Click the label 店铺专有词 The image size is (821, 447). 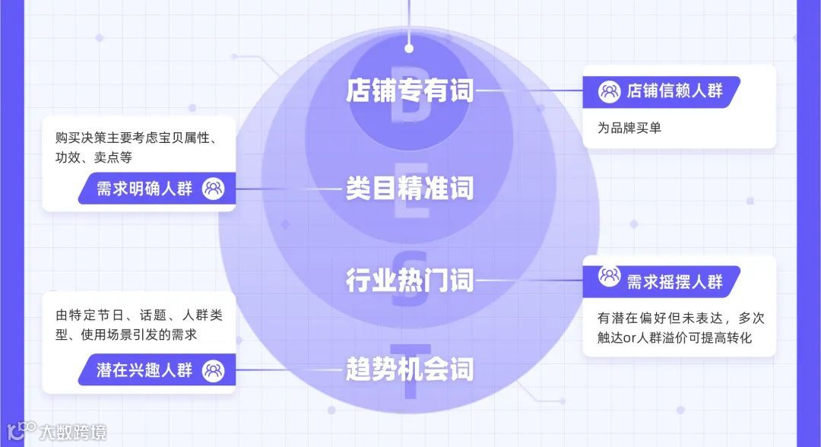click(409, 91)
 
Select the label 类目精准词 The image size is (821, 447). click(409, 188)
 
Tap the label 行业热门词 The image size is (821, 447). click(409, 281)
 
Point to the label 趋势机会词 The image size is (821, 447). click(409, 370)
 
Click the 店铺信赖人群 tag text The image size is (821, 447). click(674, 91)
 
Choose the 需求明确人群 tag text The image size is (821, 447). click(144, 189)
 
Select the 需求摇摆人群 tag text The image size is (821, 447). click(674, 281)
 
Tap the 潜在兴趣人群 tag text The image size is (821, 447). click(144, 371)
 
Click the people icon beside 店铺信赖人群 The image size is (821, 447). click(609, 91)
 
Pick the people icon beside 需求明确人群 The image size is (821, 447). click(214, 189)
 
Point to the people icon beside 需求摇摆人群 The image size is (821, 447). click(609, 276)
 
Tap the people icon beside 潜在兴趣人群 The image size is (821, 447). click(214, 371)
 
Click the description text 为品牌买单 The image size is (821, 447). click(629, 128)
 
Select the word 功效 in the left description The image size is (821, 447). click(67, 157)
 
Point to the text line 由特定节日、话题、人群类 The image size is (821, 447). click(137, 315)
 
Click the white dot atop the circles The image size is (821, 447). click(409, 48)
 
